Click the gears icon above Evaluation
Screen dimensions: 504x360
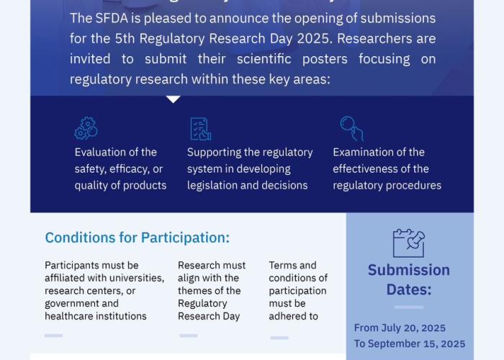[x=86, y=128]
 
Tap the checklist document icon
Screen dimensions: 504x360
[x=201, y=129]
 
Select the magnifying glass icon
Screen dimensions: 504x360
[x=351, y=129]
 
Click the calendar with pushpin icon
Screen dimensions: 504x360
[x=409, y=243]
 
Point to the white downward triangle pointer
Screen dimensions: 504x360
[x=174, y=99]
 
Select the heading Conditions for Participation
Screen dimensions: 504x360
[x=138, y=238]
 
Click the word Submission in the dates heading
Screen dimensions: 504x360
[x=409, y=270]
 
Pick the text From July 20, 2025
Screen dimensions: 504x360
[x=400, y=328]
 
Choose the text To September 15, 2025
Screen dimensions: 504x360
[x=410, y=343]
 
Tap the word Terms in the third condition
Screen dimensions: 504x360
[x=280, y=266]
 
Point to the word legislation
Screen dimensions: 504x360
[x=210, y=186]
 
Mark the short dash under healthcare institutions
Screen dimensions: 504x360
[x=54, y=336]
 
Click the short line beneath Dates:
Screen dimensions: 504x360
[x=409, y=307]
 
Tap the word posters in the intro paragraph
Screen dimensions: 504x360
[x=325, y=59]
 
